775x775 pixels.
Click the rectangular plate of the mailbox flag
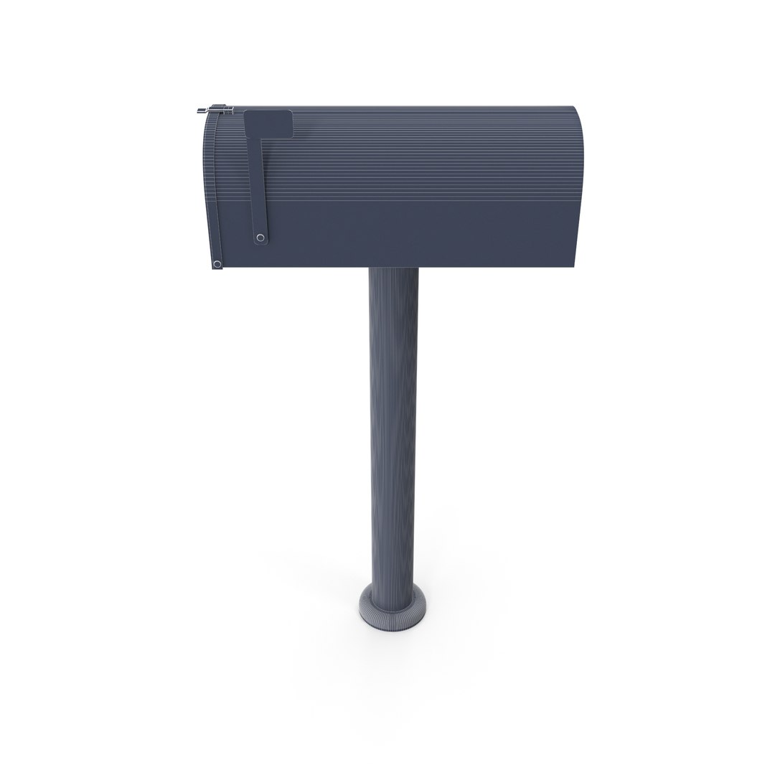tap(268, 123)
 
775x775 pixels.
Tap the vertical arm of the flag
tap(258, 187)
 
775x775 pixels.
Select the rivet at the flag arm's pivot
tap(260, 238)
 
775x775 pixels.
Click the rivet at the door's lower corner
tap(217, 264)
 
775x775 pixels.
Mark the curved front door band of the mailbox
tap(210, 187)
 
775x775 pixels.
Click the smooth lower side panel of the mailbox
tap(431, 237)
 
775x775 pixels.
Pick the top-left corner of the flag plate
tap(246, 113)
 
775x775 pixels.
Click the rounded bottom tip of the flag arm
tap(260, 244)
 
